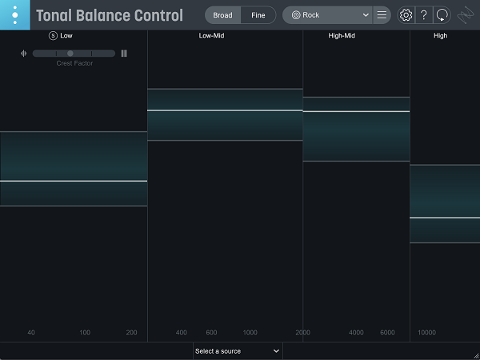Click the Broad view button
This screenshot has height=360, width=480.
coord(222,15)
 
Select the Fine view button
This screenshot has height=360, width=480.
coord(258,15)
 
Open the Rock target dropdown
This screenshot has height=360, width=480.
coord(330,15)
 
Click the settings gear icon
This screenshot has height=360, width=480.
coord(406,15)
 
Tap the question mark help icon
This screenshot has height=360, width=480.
coord(424,15)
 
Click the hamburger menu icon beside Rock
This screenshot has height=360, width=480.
coord(382,15)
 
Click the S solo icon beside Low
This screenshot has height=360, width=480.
coord(53,36)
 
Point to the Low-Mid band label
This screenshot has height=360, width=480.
coord(211,36)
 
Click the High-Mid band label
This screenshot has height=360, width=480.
coord(342,36)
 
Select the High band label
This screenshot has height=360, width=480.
coord(440,36)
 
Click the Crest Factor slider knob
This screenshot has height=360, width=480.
coord(70,54)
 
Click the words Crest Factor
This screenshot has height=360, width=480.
coord(74,63)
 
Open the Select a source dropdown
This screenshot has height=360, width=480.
coord(238,350)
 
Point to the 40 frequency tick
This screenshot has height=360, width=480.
coord(31,333)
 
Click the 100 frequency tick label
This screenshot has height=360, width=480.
coord(85,333)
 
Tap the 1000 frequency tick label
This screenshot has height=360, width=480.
coord(250,333)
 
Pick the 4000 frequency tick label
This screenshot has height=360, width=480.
coord(356,333)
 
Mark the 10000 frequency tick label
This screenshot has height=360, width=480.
coord(426,333)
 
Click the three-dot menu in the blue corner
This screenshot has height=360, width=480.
coord(14,15)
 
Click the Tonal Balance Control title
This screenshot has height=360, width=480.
coord(110,15)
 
